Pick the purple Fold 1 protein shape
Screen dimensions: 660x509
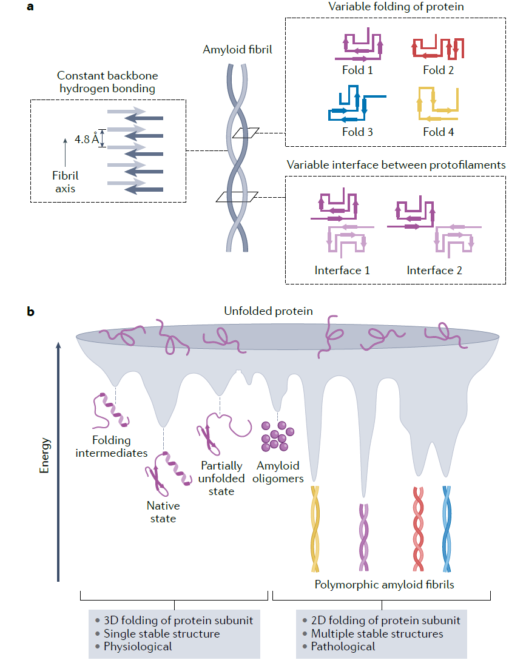pyautogui.click(x=360, y=49)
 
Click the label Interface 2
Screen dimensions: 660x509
pyautogui.click(x=434, y=270)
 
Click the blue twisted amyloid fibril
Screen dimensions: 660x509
pyautogui.click(x=447, y=528)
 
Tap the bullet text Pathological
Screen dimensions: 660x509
pyautogui.click(x=342, y=647)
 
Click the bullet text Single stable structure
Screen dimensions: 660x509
pyautogui.click(x=161, y=633)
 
